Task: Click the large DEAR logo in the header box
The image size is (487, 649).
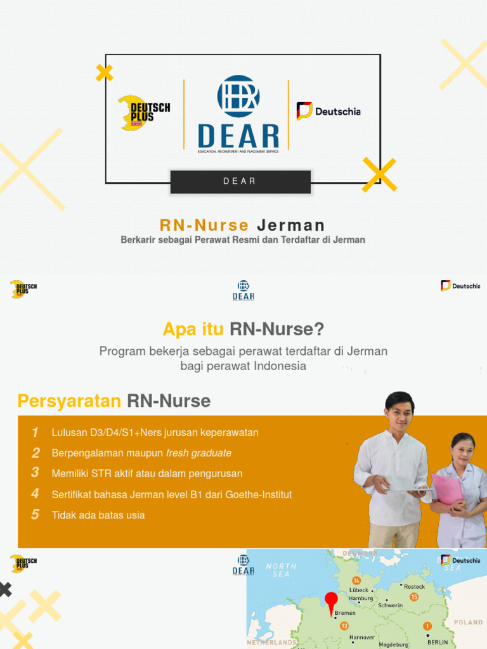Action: [238, 114]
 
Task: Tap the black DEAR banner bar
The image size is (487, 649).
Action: [240, 181]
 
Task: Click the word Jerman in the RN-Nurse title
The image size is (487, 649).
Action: [291, 225]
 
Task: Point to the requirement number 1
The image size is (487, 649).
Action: [36, 433]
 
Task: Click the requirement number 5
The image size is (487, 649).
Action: [36, 515]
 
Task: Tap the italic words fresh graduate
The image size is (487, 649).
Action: [198, 453]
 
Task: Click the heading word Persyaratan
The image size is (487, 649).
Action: [69, 401]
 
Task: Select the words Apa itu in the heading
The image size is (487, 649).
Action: [193, 330]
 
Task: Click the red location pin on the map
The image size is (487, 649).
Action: [331, 601]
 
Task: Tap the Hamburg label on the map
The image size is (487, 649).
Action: [361, 598]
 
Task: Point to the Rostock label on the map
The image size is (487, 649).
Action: [414, 587]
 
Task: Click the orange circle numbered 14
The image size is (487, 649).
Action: [356, 581]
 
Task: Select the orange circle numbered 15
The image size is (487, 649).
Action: [414, 597]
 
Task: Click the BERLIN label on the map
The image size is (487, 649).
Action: [438, 642]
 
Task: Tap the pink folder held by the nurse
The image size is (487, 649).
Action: [448, 489]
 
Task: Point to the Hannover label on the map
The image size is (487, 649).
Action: [361, 637]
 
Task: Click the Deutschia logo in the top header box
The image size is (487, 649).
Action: [328, 112]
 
